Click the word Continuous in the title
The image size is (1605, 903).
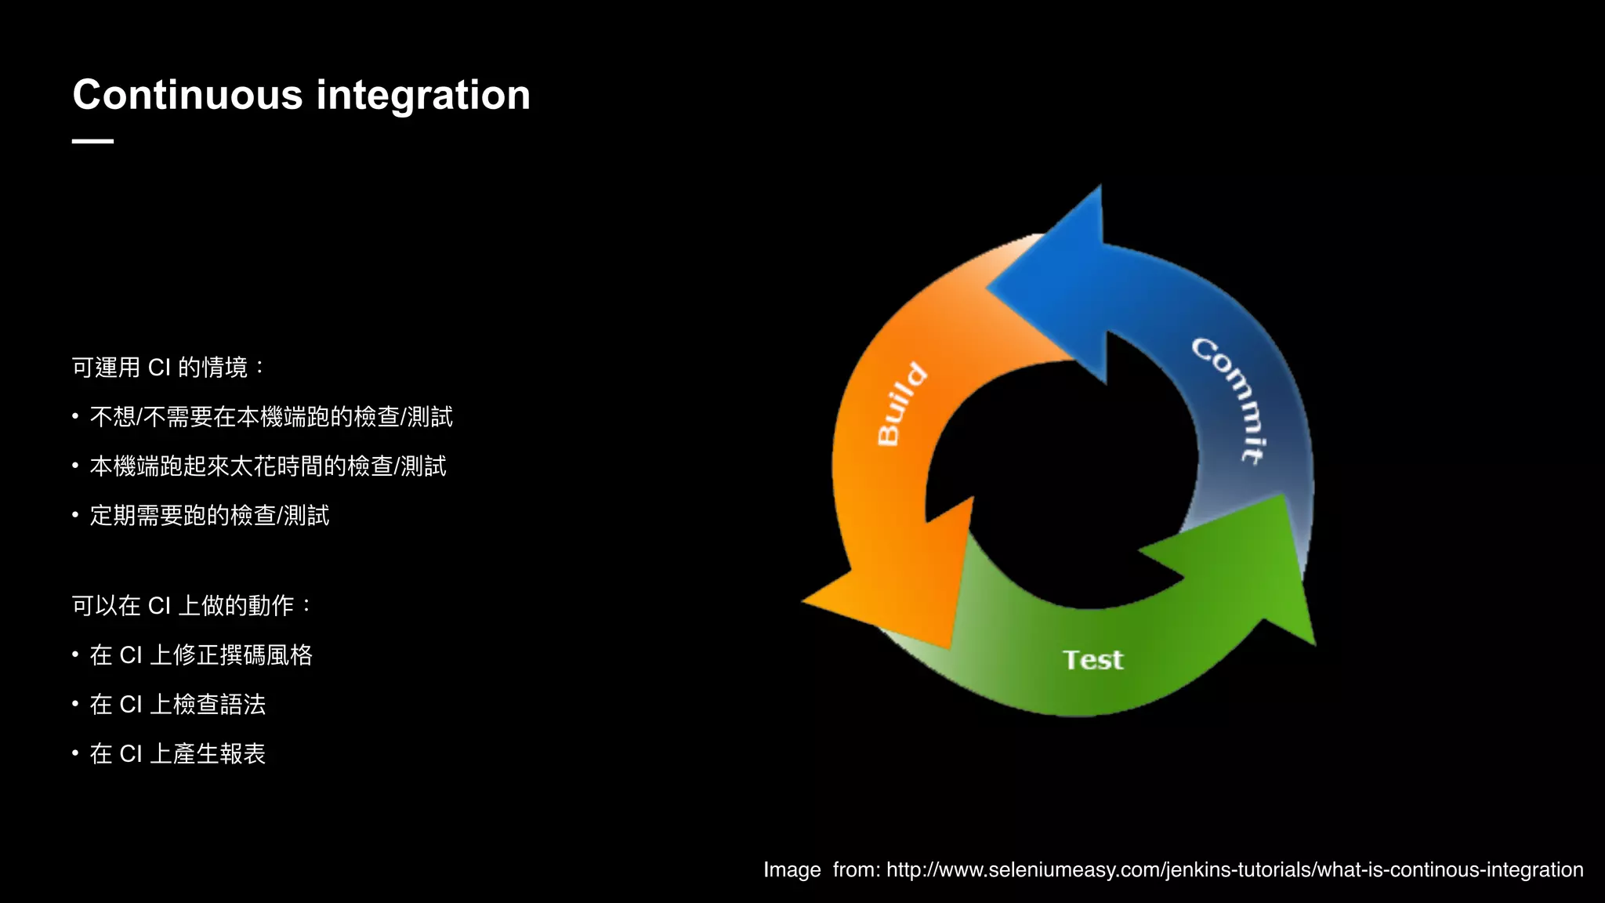[187, 96]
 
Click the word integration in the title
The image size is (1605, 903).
[423, 96]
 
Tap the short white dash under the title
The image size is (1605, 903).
[92, 141]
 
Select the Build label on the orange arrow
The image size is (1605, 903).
[901, 404]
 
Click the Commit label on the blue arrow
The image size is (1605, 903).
[1229, 400]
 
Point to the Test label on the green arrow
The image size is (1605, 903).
[1092, 660]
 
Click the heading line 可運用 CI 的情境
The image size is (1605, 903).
[168, 367]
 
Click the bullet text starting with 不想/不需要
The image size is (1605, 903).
[271, 417]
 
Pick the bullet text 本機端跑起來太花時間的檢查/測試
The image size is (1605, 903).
[268, 466]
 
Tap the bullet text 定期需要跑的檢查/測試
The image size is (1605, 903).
[209, 516]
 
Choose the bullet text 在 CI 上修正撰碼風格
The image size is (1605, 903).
[201, 655]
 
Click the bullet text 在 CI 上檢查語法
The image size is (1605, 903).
[177, 705]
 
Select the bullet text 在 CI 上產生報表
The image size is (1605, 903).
[177, 754]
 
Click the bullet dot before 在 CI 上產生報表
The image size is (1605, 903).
[75, 753]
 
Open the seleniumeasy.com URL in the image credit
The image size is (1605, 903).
[1234, 870]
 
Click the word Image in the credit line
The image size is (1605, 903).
[792, 870]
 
